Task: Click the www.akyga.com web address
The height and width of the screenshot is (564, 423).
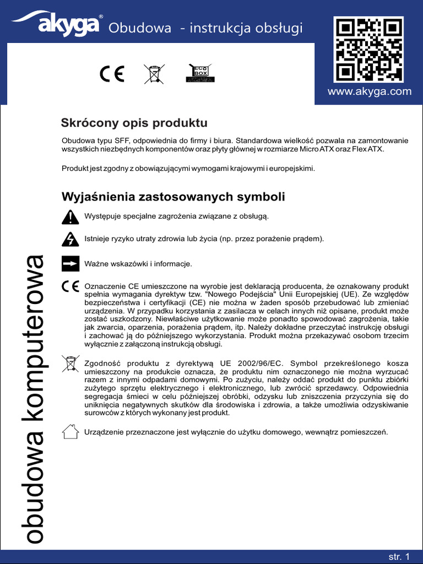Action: pos(369,92)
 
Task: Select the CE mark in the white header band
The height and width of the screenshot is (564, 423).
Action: pos(112,74)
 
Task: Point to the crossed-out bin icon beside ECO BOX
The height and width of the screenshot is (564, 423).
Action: pos(154,74)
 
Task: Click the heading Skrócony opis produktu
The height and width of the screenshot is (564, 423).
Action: pos(134,122)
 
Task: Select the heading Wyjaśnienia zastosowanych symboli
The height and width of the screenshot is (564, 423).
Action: pos(173,197)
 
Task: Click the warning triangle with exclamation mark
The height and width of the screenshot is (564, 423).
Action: pos(70,217)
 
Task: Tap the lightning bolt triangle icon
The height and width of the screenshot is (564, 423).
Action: pos(70,240)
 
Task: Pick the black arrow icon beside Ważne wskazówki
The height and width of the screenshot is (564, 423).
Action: pos(70,264)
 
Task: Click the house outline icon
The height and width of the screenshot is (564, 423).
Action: pos(70,431)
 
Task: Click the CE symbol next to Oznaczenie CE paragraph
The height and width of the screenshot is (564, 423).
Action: pos(70,287)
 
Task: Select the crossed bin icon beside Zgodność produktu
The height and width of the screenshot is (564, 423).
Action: pos(70,364)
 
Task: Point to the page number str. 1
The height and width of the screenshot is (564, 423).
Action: pos(399,557)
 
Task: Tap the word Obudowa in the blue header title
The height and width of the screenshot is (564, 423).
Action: pos(140,28)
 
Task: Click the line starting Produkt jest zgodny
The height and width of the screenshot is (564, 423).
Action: pos(188,168)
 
